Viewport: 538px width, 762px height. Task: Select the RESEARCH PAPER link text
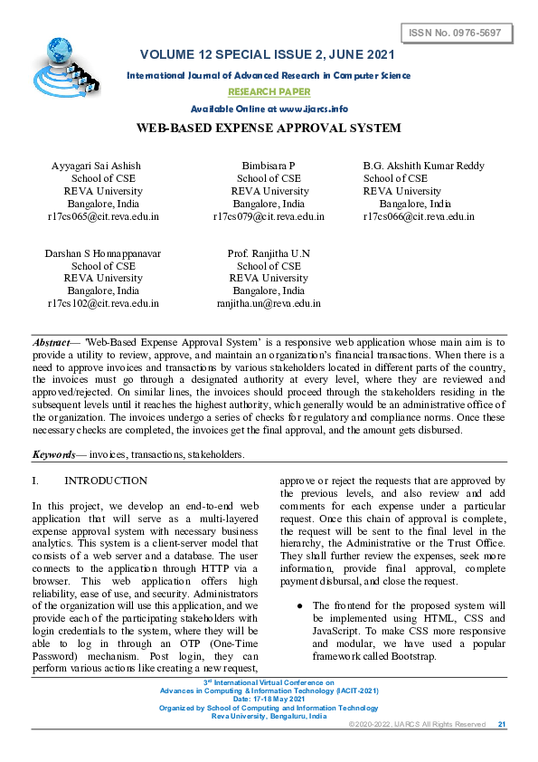pos(269,92)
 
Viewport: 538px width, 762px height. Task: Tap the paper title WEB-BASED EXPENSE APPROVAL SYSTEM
pos(269,129)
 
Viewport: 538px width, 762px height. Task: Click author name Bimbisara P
pos(269,166)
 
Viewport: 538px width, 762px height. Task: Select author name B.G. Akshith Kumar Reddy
pos(423,166)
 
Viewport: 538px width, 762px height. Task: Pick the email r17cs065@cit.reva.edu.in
pos(103,217)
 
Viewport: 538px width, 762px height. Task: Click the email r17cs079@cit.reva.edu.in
pos(269,217)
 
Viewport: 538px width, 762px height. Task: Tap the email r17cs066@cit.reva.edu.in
pos(419,217)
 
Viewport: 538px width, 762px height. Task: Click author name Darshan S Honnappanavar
pos(103,253)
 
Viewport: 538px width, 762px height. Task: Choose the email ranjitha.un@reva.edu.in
pos(269,304)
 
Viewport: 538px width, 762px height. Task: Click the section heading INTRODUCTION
pos(106,481)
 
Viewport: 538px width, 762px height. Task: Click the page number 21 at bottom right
pos(502,724)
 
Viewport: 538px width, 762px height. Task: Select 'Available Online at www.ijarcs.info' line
pos(269,109)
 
